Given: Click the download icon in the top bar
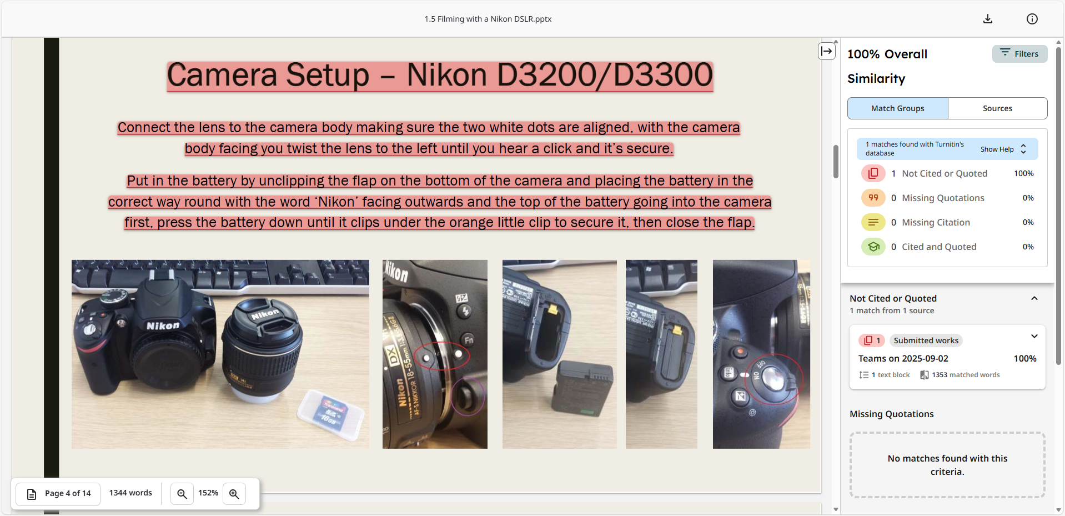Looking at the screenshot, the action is [987, 19].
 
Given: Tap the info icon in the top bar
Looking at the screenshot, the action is [1032, 19].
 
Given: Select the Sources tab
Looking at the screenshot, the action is [997, 108].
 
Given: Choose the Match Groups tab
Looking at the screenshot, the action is [897, 108].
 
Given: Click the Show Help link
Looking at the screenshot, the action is [997, 149].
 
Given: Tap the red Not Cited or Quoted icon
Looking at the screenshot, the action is [873, 173].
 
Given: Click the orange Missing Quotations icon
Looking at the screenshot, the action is [873, 198].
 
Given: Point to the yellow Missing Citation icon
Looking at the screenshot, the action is [873, 222].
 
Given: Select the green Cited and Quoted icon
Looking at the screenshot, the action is [873, 247].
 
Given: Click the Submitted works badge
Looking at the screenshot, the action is [926, 340].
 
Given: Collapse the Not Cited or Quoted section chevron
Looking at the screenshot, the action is [1034, 298].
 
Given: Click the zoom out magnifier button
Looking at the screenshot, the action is [182, 493].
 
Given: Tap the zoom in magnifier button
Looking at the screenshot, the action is [234, 493].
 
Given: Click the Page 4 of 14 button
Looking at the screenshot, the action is [58, 493].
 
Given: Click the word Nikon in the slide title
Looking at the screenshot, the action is [447, 75].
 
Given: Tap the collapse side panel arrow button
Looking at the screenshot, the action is [827, 51].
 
